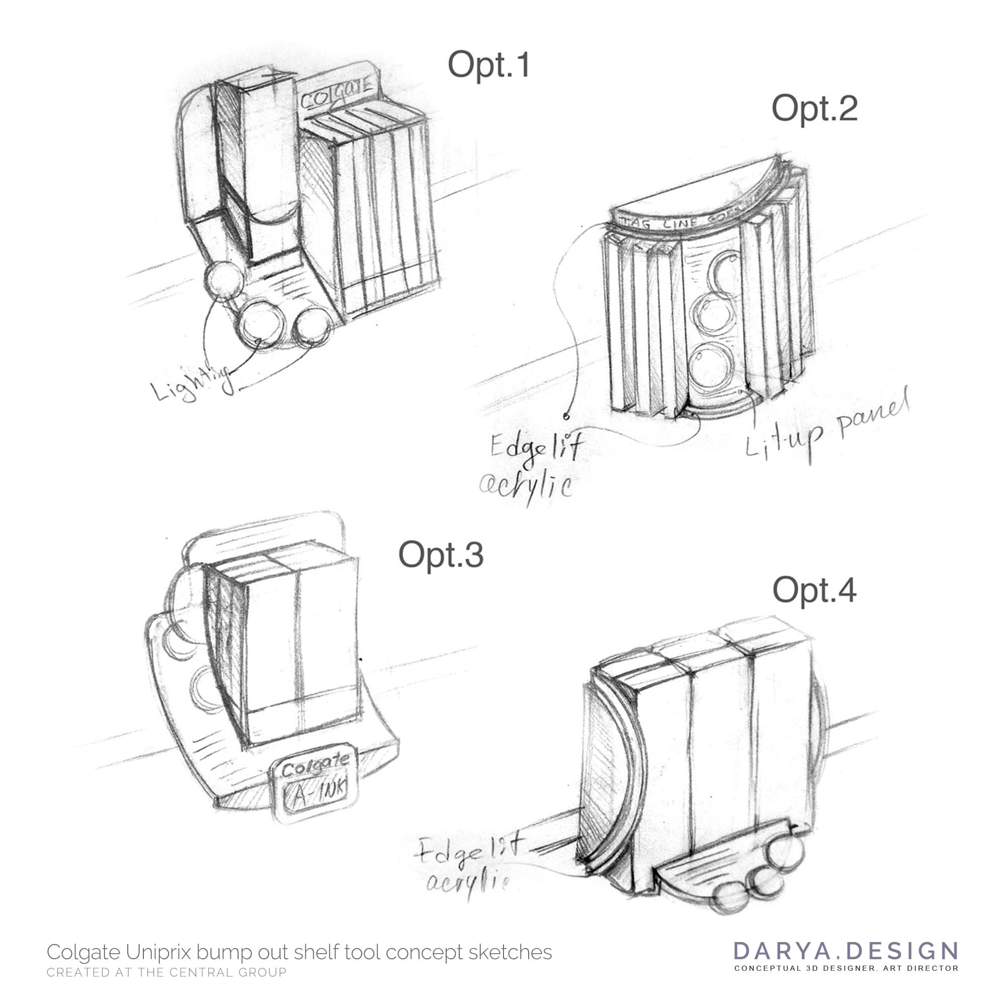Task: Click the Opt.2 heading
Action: pos(814,109)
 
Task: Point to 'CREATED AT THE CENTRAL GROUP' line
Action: pos(166,972)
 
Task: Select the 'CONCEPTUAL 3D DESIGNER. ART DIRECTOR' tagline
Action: pos(846,968)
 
